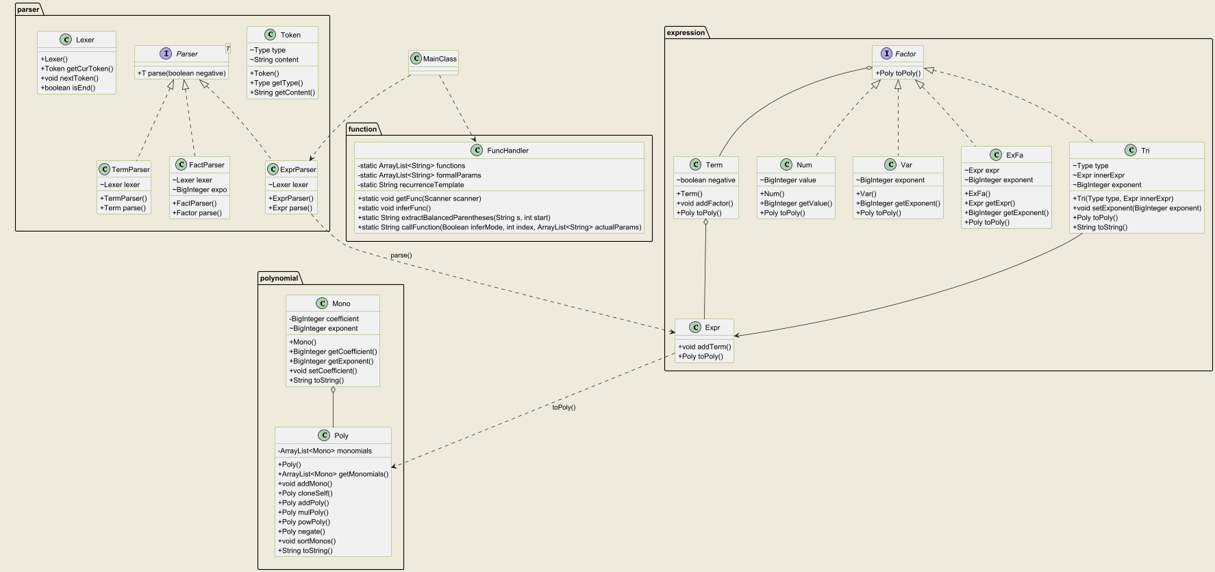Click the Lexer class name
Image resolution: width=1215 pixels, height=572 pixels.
85,40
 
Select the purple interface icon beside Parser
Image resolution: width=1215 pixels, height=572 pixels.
166,53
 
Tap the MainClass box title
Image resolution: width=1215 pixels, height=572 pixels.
440,59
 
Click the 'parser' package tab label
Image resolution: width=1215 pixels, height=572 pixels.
28,10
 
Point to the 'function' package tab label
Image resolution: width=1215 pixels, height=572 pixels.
362,129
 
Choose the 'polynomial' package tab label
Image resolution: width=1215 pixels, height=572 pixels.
279,278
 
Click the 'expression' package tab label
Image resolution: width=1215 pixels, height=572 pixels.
686,33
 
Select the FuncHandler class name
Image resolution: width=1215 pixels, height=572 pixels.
508,151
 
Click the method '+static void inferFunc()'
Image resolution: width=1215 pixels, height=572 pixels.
394,208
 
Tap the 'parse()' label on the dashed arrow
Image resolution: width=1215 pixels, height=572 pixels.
401,256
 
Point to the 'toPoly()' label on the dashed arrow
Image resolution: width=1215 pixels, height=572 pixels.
564,408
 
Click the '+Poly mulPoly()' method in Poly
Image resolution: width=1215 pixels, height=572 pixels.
303,512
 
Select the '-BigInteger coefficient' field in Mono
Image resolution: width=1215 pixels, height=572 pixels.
324,319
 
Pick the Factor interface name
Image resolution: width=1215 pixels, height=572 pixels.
905,54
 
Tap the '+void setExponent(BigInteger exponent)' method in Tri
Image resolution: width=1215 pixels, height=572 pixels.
1137,208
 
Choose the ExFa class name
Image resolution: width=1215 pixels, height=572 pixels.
1014,156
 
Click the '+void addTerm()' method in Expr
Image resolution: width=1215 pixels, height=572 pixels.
704,347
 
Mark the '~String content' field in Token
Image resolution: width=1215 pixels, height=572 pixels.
274,60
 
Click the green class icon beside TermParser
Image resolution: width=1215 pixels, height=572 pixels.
105,169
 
